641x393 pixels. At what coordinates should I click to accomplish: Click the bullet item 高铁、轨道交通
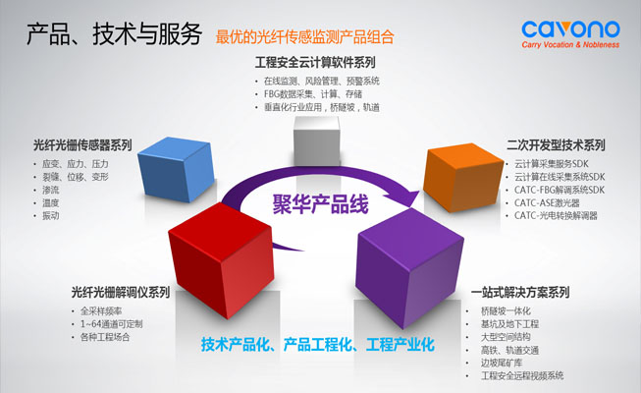click(x=511, y=350)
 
